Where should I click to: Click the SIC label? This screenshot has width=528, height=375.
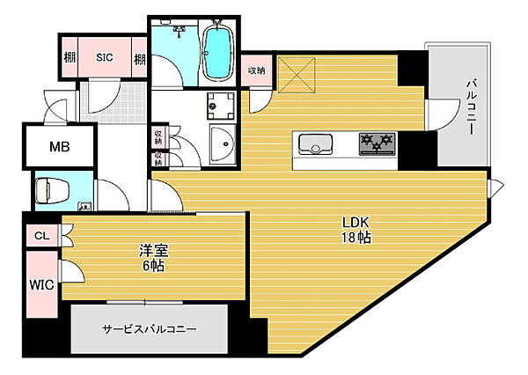click(x=105, y=57)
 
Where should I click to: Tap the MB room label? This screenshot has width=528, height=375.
click(x=60, y=146)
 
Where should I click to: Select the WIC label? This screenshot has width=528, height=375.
click(x=41, y=285)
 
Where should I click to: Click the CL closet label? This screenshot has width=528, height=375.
click(x=41, y=236)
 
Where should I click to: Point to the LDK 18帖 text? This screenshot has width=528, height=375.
click(x=356, y=230)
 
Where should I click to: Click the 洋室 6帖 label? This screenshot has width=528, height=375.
click(x=153, y=258)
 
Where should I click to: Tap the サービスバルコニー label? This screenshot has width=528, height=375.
click(x=150, y=328)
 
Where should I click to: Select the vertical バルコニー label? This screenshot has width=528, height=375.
click(x=471, y=107)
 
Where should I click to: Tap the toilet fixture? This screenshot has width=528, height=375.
click(x=52, y=191)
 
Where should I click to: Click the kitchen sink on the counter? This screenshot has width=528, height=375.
click(x=316, y=144)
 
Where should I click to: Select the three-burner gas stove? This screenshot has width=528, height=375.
click(x=378, y=144)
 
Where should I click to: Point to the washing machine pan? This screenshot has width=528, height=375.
click(x=221, y=106)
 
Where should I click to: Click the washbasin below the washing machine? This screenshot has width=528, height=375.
click(x=223, y=144)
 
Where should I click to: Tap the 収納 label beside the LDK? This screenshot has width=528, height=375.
click(x=257, y=70)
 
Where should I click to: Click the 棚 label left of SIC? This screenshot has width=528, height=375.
click(x=70, y=57)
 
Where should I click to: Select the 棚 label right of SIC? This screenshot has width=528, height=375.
click(x=140, y=59)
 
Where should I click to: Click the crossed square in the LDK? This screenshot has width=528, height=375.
click(x=297, y=75)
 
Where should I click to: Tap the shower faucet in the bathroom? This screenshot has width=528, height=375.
click(x=179, y=31)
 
